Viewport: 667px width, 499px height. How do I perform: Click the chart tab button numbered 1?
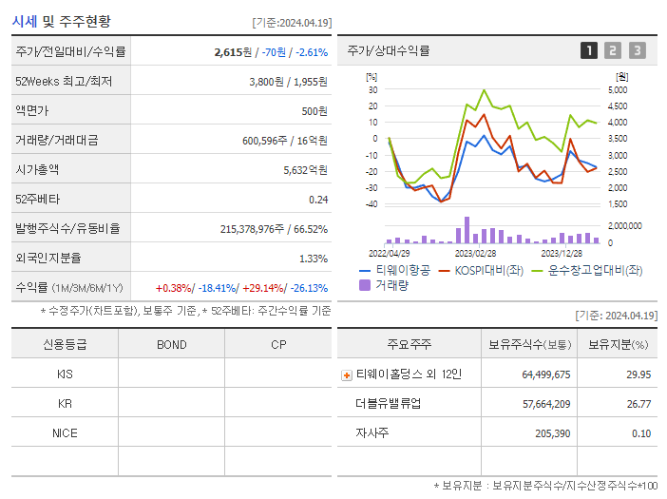(x=589, y=50)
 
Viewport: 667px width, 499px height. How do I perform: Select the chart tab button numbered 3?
(x=637, y=50)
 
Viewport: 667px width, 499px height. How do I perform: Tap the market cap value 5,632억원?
(x=305, y=169)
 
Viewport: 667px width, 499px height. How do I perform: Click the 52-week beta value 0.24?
(x=318, y=199)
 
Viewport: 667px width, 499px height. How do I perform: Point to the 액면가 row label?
(x=37, y=110)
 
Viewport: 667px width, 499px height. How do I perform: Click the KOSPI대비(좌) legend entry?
(x=482, y=271)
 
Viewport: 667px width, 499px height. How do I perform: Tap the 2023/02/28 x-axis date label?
(x=475, y=253)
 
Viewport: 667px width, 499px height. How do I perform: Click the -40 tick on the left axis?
(x=372, y=203)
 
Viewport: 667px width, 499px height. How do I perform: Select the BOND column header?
(x=171, y=344)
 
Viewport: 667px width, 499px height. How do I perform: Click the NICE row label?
(x=65, y=432)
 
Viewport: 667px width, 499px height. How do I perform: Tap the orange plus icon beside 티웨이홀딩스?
(x=346, y=374)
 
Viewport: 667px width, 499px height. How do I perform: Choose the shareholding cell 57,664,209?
(x=545, y=404)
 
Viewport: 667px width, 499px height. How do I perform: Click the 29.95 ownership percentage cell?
(x=638, y=374)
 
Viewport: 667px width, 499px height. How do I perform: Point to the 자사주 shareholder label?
(x=372, y=433)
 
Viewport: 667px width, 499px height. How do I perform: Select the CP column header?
(x=277, y=344)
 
